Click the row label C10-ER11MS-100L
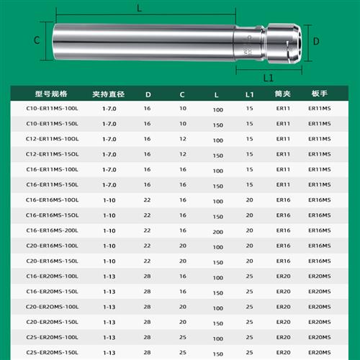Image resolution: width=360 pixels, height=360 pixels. [52, 108]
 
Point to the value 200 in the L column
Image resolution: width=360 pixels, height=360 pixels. [217, 232]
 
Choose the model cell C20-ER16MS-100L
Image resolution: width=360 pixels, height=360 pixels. [52, 246]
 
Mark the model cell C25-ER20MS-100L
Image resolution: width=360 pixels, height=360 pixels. [52, 337]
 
